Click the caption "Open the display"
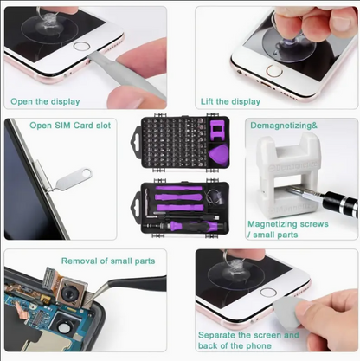[x=45, y=102]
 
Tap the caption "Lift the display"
[x=230, y=101]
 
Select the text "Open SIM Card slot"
[x=70, y=126]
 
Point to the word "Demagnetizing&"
[x=284, y=126]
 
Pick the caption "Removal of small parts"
[x=108, y=261]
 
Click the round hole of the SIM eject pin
[x=86, y=173]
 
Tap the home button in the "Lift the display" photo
[x=274, y=71]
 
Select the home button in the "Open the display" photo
[x=81, y=46]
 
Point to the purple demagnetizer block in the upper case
[x=217, y=131]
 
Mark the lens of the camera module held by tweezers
[x=69, y=293]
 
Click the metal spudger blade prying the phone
[x=127, y=74]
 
